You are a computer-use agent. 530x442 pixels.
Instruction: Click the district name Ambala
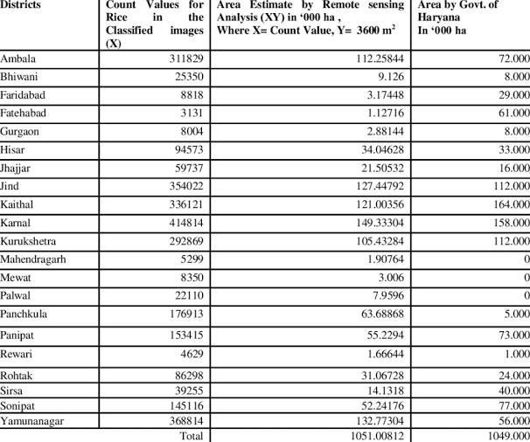[x=18, y=59]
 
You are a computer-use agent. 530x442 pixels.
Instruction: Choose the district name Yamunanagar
[x=34, y=421]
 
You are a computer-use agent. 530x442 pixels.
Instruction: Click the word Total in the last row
[x=190, y=435]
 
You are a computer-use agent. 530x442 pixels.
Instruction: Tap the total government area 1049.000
[x=506, y=435]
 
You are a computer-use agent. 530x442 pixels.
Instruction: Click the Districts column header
[x=21, y=5]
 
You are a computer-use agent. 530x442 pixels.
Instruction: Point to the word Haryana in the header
[x=438, y=17]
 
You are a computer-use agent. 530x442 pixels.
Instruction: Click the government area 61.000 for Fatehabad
[x=510, y=113]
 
